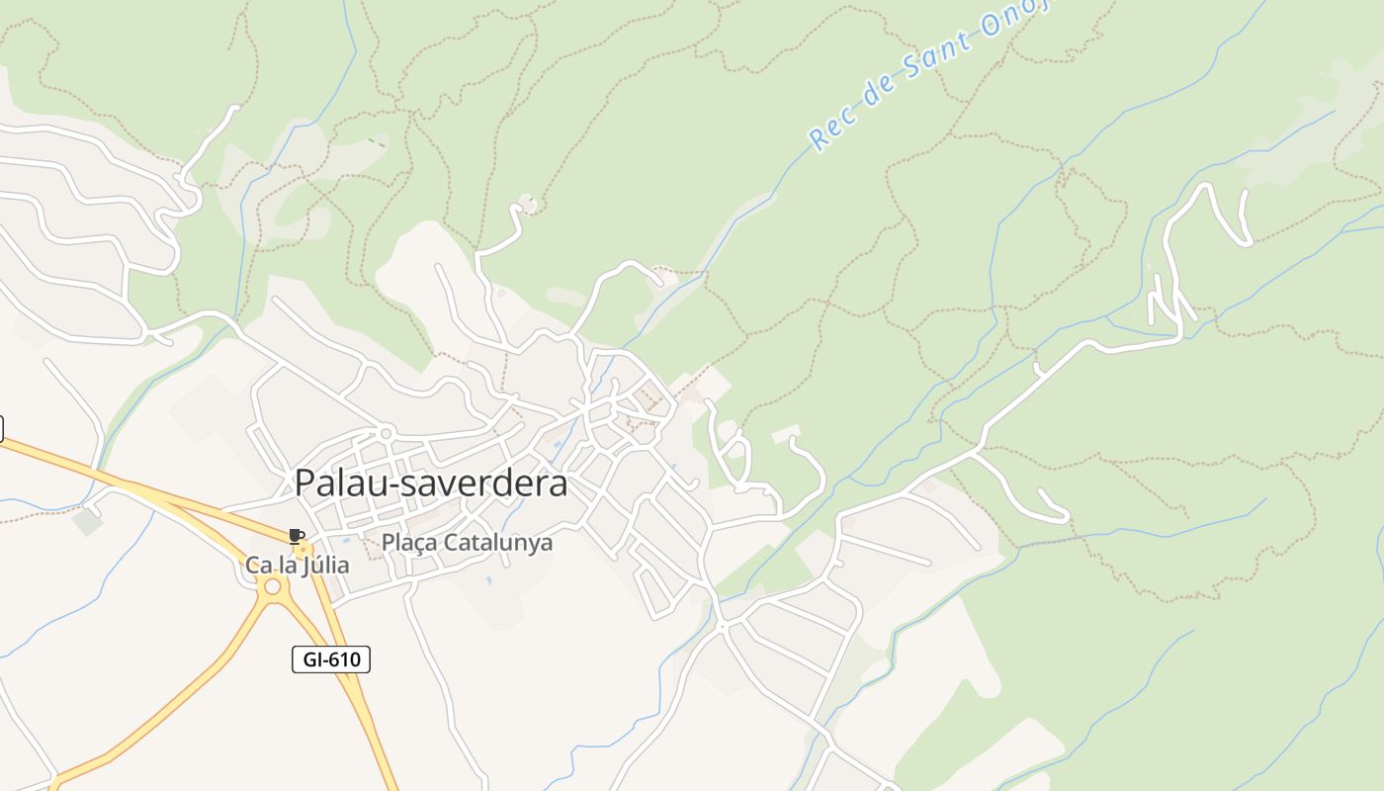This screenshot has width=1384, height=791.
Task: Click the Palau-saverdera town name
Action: [431, 483]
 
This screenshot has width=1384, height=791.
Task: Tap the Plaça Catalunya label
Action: [467, 543]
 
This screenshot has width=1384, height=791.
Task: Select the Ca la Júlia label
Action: [298, 566]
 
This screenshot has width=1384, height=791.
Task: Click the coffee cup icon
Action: [296, 536]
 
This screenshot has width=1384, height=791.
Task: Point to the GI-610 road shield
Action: [331, 659]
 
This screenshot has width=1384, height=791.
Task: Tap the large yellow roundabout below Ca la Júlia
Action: [272, 587]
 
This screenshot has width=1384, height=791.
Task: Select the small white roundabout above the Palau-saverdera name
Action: [387, 433]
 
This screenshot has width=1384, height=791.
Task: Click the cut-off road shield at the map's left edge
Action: [1, 428]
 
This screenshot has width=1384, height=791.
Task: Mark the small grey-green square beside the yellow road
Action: [87, 520]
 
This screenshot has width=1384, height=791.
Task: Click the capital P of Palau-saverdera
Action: [306, 483]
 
